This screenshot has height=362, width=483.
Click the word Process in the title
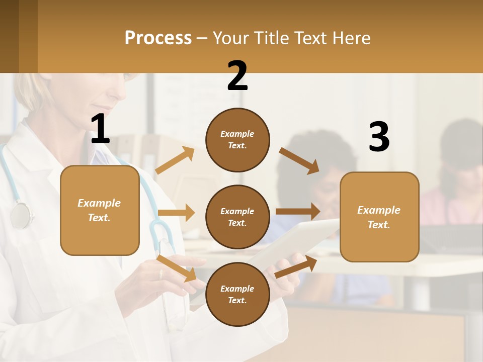click(x=158, y=38)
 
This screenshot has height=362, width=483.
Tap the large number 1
click(x=100, y=129)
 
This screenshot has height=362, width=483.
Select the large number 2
click(x=237, y=76)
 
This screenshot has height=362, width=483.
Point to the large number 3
click(x=379, y=137)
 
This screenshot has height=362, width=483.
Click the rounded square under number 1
click(x=100, y=210)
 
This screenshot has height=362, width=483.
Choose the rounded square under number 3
click(x=379, y=217)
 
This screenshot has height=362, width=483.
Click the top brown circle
click(x=237, y=140)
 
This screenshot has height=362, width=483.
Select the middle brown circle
click(x=237, y=217)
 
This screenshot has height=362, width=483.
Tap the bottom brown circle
click(x=237, y=294)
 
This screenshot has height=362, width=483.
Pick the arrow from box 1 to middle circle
click(x=176, y=213)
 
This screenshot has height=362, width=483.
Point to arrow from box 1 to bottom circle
click(x=177, y=268)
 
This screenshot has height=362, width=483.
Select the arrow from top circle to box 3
click(x=299, y=160)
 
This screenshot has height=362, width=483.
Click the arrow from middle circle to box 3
click(x=298, y=211)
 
